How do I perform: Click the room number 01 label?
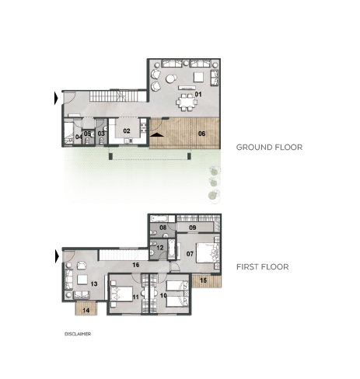(x=198, y=94)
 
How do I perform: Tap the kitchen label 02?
(x=127, y=131)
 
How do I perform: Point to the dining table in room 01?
(x=187, y=102)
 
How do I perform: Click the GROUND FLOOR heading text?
(x=269, y=148)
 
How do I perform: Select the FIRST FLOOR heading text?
(x=262, y=267)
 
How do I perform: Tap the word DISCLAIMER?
(x=78, y=334)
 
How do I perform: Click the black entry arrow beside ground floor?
(x=56, y=99)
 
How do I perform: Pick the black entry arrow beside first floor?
(x=57, y=257)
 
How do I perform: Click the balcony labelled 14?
(x=86, y=308)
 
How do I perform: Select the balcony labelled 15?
(x=206, y=280)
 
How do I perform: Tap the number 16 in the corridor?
(x=136, y=265)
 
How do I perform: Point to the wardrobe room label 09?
(x=193, y=228)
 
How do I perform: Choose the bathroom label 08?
(x=163, y=228)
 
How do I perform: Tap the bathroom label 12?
(x=160, y=248)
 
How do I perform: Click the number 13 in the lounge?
(x=94, y=283)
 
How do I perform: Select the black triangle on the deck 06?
(x=157, y=134)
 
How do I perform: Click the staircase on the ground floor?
(x=114, y=96)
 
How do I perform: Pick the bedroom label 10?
(x=163, y=295)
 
